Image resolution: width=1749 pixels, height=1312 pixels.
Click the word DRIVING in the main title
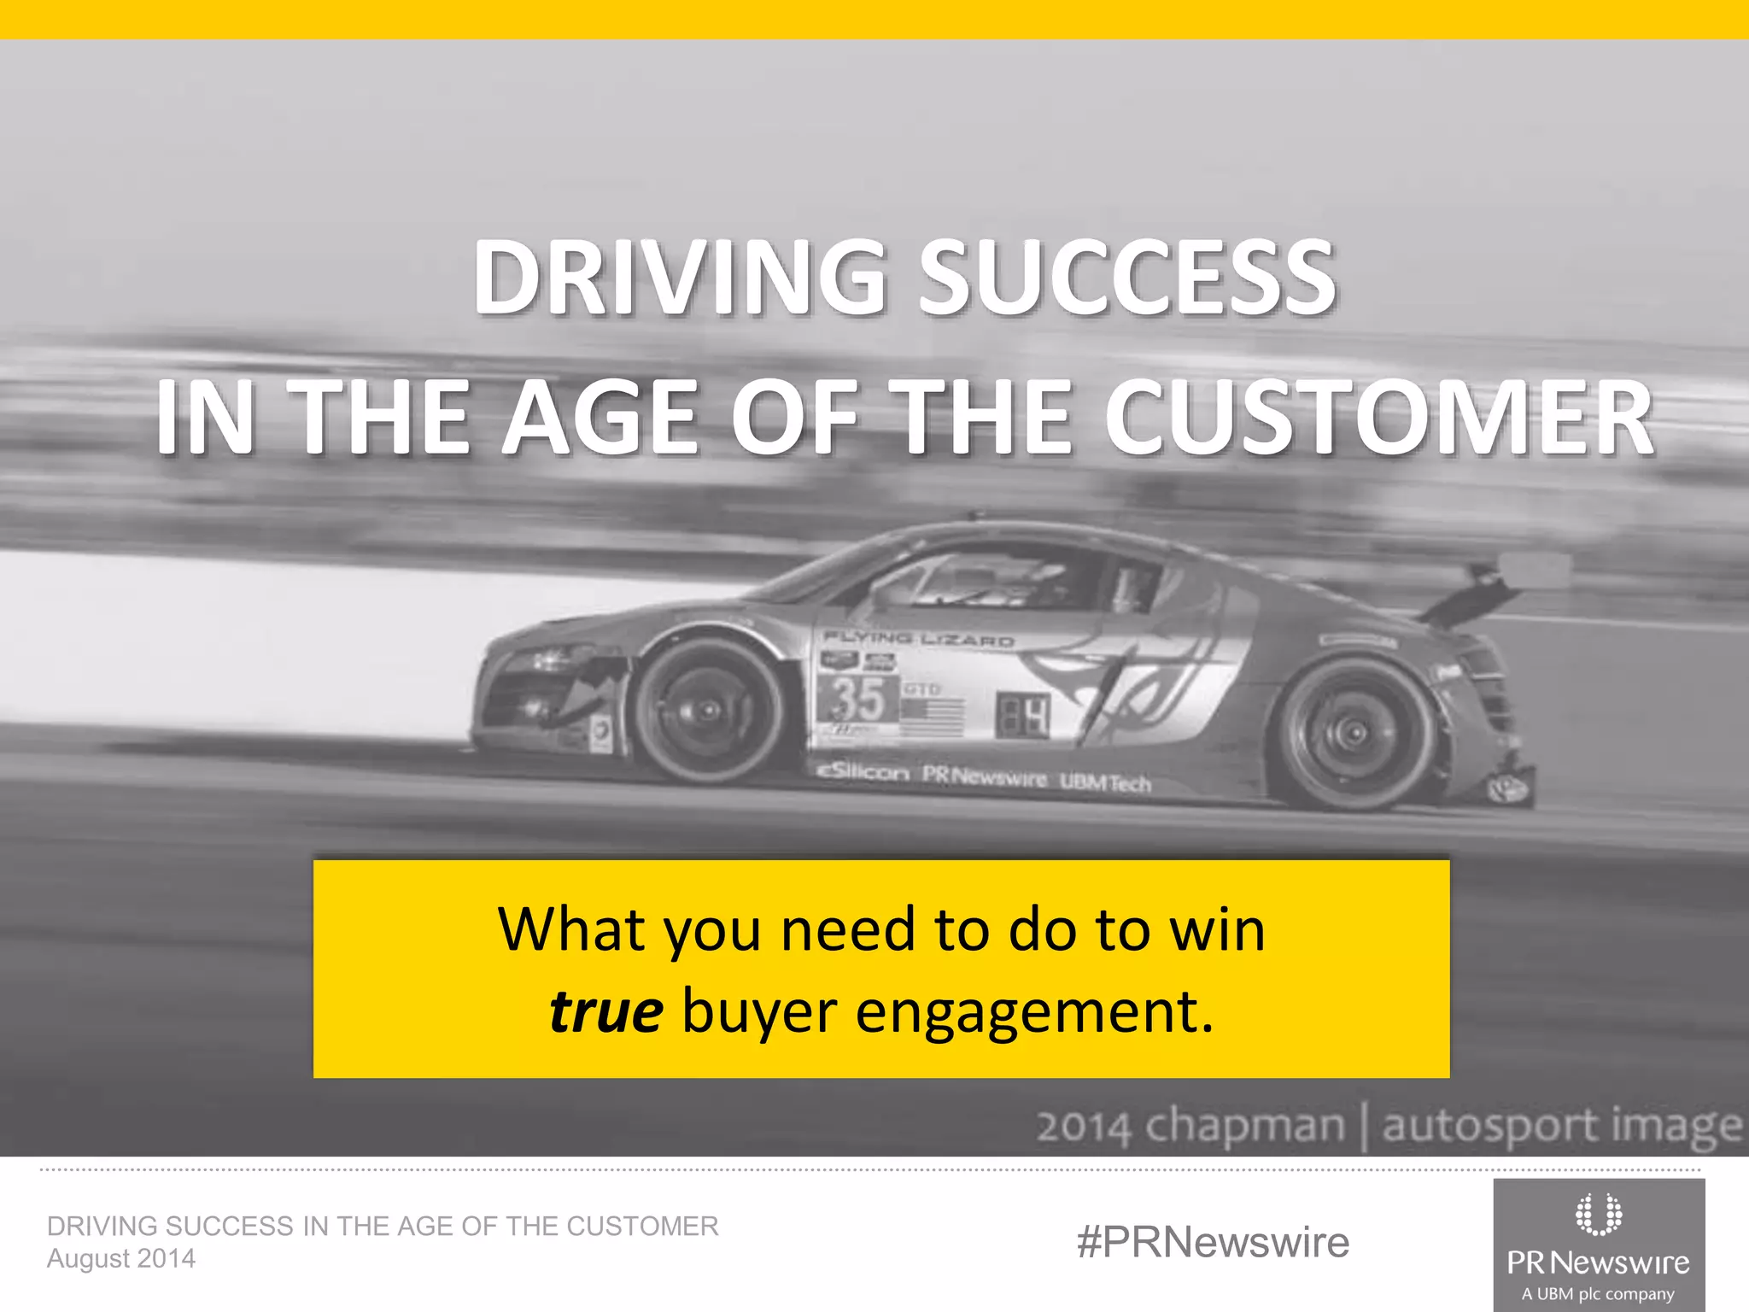pos(680,277)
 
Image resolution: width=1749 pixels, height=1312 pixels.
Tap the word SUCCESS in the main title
pos(1127,277)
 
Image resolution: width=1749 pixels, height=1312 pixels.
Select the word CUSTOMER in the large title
pos(1378,418)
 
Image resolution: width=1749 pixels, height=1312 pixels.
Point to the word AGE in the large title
pos(602,418)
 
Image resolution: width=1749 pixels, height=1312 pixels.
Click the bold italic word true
pos(605,1012)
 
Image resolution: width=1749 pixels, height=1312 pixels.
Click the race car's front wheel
pos(708,710)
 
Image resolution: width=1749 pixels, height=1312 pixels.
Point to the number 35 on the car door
pos(857,699)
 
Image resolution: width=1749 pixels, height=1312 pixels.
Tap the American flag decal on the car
pos(932,716)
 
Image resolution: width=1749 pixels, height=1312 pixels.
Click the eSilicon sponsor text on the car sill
pos(863,772)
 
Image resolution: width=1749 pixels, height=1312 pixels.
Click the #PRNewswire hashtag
pos(1213,1242)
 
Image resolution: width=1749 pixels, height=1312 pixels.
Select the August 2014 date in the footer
pos(121,1258)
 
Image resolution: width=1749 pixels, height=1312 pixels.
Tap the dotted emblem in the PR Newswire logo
pos(1598,1214)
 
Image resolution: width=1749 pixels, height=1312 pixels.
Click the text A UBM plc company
pos(1598,1294)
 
